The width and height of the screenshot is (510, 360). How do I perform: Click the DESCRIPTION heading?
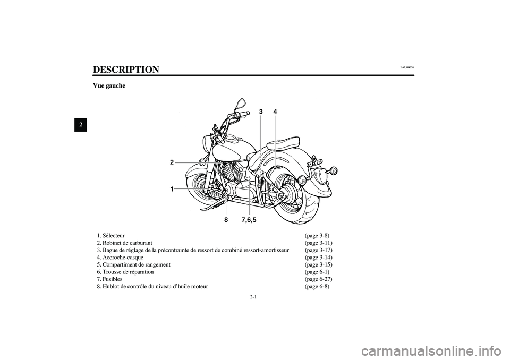pyautogui.click(x=126, y=70)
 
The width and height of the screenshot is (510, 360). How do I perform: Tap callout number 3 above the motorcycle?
pyautogui.click(x=261, y=112)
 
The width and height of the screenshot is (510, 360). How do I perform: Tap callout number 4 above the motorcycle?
pyautogui.click(x=275, y=112)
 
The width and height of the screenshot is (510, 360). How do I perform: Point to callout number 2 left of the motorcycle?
pyautogui.click(x=172, y=162)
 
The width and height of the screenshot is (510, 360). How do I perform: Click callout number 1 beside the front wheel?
pyautogui.click(x=172, y=189)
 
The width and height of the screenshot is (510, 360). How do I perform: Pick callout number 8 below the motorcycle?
pyautogui.click(x=226, y=219)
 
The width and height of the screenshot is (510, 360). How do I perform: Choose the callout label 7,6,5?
pyautogui.click(x=249, y=219)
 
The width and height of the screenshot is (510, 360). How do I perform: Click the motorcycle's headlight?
pyautogui.click(x=206, y=143)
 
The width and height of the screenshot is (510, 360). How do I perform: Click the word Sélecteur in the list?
pyautogui.click(x=113, y=235)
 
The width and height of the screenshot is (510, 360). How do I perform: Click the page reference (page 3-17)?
pyautogui.click(x=319, y=250)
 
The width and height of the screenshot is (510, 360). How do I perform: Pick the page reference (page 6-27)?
pyautogui.click(x=319, y=279)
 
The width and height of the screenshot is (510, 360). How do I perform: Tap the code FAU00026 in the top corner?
pyautogui.click(x=407, y=67)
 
